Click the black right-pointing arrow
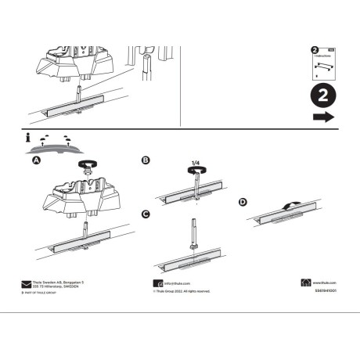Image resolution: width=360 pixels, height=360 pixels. click(322, 117)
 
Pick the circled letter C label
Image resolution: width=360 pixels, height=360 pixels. click(145, 214)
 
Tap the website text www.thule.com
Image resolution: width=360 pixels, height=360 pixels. click(325, 283)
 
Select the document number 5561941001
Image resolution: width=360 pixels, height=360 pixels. click(323, 291)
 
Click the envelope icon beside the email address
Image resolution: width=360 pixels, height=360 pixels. click(157, 283)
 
